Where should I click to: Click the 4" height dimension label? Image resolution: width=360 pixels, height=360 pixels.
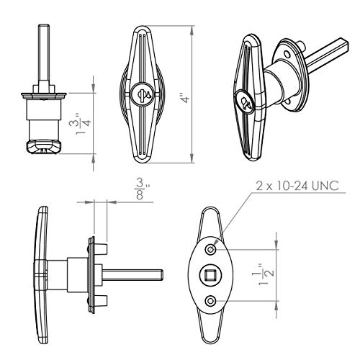(x=185, y=99)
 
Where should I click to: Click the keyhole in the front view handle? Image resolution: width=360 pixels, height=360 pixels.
(x=143, y=93)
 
